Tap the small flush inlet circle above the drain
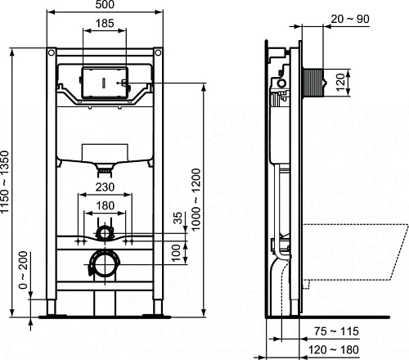(x=105, y=232)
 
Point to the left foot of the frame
(x=52, y=311)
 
